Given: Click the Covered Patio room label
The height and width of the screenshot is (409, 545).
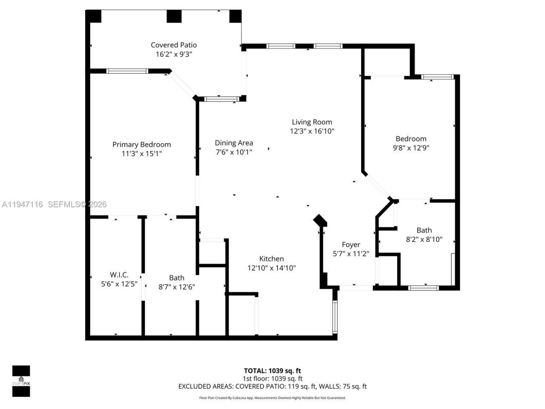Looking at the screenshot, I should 174,45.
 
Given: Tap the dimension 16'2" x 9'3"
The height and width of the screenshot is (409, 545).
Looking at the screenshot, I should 174,54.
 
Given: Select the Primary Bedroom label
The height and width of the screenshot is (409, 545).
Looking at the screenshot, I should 141,144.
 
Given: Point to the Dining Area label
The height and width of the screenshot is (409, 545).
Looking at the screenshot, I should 234,143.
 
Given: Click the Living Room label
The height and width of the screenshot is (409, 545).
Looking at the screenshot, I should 312,122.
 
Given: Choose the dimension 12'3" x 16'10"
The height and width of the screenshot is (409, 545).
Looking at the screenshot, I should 312,131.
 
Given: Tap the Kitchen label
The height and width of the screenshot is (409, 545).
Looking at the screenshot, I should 271,259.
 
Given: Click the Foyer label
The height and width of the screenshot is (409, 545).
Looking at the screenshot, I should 351,245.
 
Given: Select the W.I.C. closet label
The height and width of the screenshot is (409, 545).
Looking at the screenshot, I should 119,275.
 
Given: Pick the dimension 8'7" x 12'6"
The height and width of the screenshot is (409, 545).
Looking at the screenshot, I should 177,287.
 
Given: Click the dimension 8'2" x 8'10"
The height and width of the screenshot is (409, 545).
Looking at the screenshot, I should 424,239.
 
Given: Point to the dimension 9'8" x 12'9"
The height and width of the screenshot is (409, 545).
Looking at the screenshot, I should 411,148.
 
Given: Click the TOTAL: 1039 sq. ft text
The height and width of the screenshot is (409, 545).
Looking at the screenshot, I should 272,371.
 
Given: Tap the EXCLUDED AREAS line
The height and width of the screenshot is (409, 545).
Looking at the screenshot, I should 272,386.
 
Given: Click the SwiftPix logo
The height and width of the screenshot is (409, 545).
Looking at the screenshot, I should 21,381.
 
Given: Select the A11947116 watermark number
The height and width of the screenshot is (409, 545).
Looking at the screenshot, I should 23,204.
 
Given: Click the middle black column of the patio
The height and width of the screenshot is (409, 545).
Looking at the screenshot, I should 174,16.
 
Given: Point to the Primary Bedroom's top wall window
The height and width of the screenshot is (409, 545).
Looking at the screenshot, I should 127,71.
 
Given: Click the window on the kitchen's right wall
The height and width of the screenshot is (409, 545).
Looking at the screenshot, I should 335,316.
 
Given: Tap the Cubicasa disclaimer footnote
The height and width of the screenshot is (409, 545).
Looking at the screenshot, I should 272,398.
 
